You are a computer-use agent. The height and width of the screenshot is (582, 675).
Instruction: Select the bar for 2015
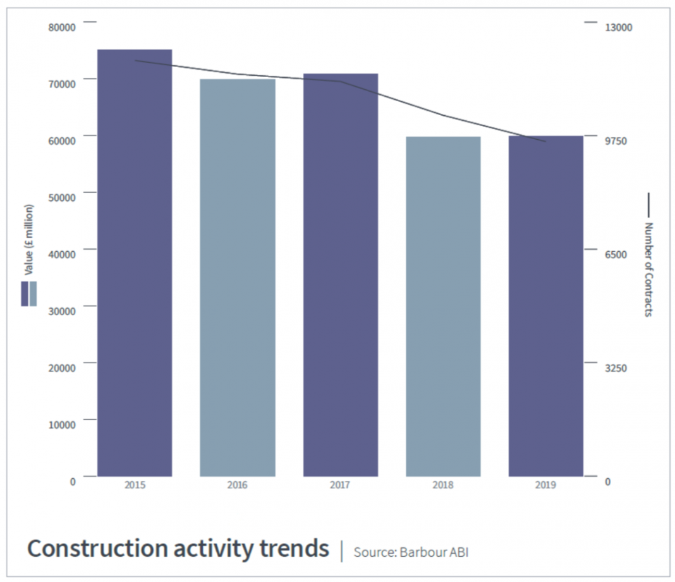click(x=135, y=263)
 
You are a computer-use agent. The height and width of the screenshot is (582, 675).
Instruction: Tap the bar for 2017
click(x=341, y=275)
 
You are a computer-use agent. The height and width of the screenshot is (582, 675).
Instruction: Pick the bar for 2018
click(x=443, y=306)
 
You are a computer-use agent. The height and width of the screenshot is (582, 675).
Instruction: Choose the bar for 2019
click(x=545, y=306)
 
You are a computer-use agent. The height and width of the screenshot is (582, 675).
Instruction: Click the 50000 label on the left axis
click(x=63, y=197)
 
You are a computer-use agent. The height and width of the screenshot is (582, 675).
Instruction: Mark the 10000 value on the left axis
click(x=63, y=424)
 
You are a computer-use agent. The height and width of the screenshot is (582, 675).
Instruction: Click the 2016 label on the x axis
click(x=238, y=485)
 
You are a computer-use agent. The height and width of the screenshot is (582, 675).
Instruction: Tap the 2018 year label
click(x=443, y=485)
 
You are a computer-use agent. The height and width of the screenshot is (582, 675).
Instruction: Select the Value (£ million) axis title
click(x=28, y=240)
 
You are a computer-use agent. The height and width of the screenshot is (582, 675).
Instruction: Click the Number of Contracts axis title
click(x=648, y=268)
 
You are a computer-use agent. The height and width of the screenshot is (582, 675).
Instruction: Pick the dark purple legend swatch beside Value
click(x=25, y=294)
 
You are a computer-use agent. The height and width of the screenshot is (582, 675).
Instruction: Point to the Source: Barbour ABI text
click(x=411, y=552)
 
